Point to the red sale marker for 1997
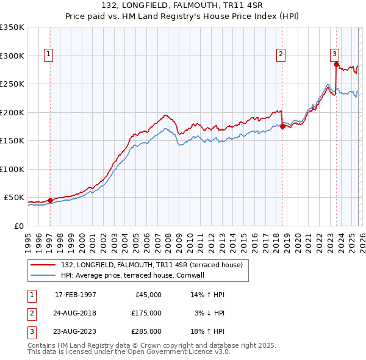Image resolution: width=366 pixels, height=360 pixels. point(50,200)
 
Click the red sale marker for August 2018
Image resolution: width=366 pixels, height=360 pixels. point(282,126)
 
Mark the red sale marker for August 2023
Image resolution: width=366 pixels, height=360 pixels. point(336,63)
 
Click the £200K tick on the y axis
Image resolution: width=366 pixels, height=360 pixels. point(12,112)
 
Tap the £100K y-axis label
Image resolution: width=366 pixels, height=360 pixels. point(12,169)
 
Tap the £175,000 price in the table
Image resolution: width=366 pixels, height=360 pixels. point(146,313)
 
